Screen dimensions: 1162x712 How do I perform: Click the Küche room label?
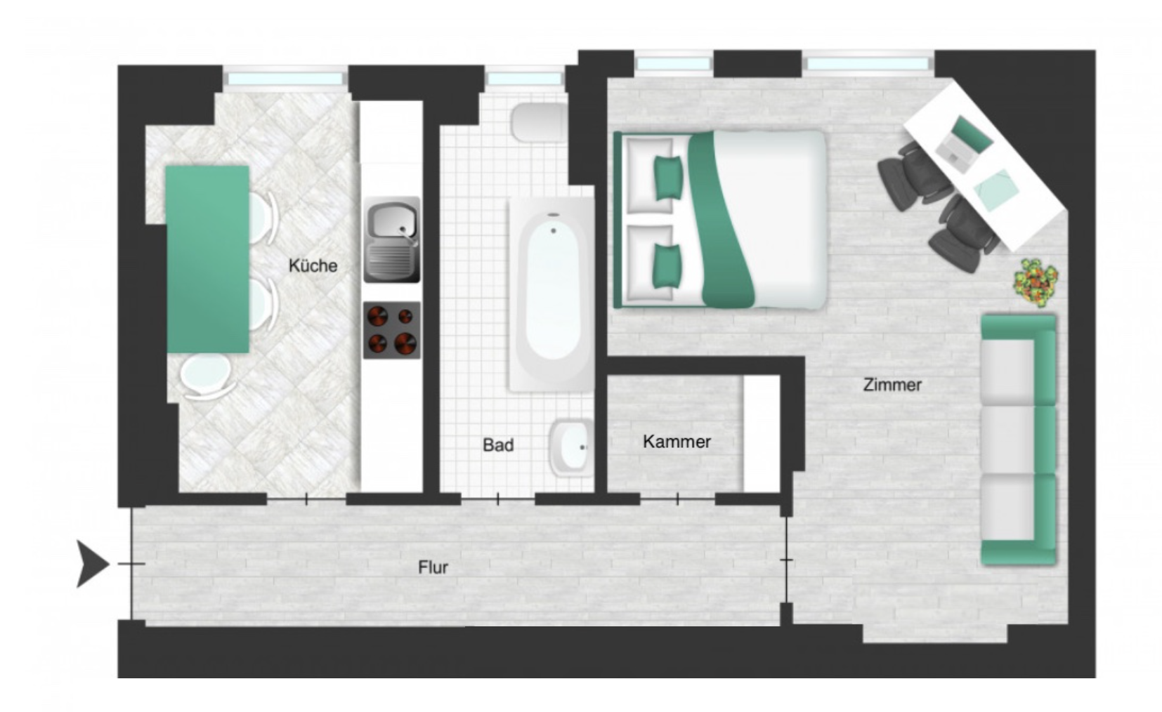313,265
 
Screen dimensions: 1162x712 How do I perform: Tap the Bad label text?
498,445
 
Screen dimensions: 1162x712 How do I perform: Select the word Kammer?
677,442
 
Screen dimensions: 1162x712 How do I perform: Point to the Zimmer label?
892,385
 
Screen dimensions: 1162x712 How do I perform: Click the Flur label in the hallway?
433,567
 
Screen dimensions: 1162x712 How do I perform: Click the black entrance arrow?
93,564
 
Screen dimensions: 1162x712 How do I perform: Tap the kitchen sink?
391,239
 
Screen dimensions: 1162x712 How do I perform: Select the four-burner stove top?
391,330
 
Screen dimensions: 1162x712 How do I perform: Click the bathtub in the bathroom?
552,294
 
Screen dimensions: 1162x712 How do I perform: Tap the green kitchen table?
207,259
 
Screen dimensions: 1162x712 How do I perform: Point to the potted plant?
1036,282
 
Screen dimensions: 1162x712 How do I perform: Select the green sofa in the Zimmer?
1019,440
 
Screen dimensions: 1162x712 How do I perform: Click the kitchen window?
285,79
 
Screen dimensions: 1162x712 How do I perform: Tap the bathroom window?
525,79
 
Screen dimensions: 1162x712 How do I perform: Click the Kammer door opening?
677,499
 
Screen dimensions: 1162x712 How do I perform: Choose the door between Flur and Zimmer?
786,560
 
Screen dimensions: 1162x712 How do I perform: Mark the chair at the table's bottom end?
207,376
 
